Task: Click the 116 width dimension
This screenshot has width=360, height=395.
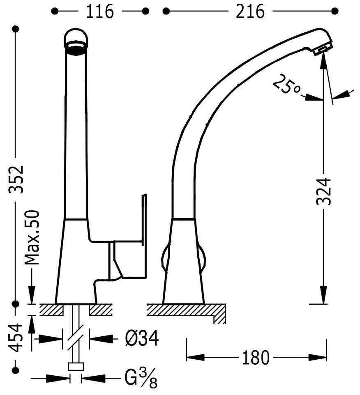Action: [x=100, y=11]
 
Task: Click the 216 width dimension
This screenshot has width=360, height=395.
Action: [x=250, y=11]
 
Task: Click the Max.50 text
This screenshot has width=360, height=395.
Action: [x=32, y=237]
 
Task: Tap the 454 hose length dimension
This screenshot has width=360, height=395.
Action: [x=16, y=338]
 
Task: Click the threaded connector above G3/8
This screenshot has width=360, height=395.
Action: [x=76, y=367]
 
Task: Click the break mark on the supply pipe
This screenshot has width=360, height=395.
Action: [x=76, y=338]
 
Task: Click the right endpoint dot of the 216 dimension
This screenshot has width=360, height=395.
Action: [x=335, y=11]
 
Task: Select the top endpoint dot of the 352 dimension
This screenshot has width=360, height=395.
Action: [x=16, y=29]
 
